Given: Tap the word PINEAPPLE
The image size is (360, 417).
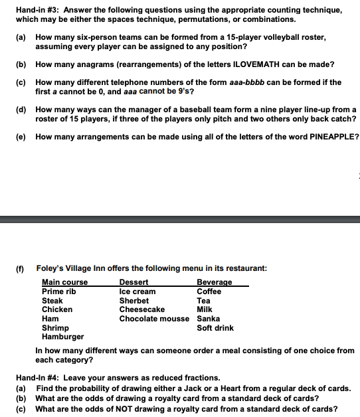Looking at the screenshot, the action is (x=333, y=137).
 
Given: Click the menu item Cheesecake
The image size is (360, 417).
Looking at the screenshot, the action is (x=141, y=309).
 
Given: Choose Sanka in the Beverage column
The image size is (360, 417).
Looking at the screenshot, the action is (x=209, y=319).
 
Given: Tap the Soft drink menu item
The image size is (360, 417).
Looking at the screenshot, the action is (x=215, y=328).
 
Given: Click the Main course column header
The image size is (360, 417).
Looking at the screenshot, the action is (x=64, y=282).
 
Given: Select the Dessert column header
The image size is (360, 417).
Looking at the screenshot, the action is (x=134, y=282).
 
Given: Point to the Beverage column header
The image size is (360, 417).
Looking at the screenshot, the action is (x=215, y=282).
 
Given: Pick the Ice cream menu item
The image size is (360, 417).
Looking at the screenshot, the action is (x=137, y=292).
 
